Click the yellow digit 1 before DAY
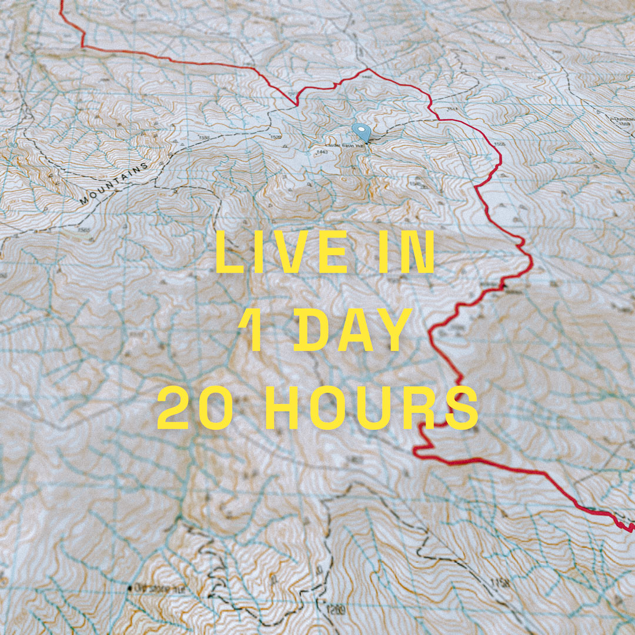253,330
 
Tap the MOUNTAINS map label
114,184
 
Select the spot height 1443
321,152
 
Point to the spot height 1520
276,138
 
